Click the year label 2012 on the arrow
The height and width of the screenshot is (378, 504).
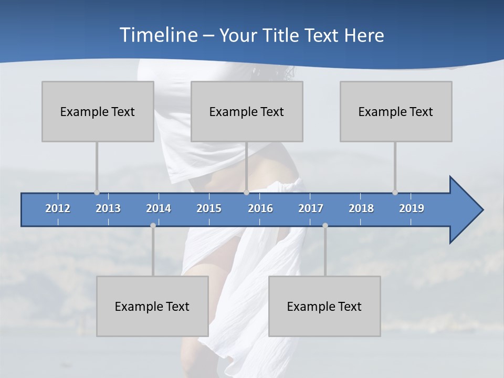[x=58, y=208]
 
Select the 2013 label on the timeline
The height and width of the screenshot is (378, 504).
[x=108, y=208]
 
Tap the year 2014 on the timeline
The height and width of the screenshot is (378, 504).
[x=159, y=208]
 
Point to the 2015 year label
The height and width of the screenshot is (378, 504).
[x=209, y=208]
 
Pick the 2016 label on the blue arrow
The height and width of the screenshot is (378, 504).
[x=260, y=208]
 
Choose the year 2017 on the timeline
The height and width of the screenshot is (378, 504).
[x=311, y=208]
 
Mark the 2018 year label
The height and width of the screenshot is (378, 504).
[x=361, y=208]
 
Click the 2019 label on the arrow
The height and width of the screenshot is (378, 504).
[x=412, y=208]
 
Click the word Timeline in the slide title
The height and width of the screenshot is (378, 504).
[x=158, y=35]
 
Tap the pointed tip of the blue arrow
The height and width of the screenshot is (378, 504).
[x=482, y=210]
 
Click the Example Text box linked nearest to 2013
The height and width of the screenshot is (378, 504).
[x=98, y=111]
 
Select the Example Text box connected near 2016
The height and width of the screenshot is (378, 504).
[x=247, y=111]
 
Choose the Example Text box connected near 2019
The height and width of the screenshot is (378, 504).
[x=396, y=111]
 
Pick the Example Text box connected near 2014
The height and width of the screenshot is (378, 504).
[x=152, y=306]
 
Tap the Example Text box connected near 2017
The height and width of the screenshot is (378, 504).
[x=324, y=306]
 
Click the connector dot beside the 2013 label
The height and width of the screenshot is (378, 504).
[x=97, y=193]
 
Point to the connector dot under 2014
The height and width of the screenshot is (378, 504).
[x=153, y=226]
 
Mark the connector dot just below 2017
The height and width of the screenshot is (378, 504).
[x=325, y=226]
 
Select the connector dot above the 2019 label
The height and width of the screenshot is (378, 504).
[x=395, y=193]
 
